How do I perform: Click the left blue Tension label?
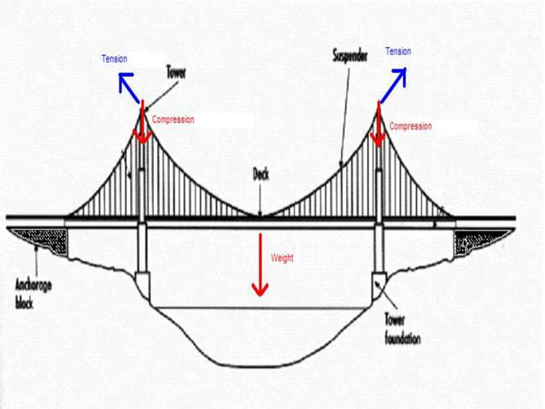pos(114,59)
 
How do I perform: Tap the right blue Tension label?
pos(398,52)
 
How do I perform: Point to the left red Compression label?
pos(173,120)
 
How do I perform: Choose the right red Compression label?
pos(411,127)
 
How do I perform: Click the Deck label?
pos(261,174)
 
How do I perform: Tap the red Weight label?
pos(282,257)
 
